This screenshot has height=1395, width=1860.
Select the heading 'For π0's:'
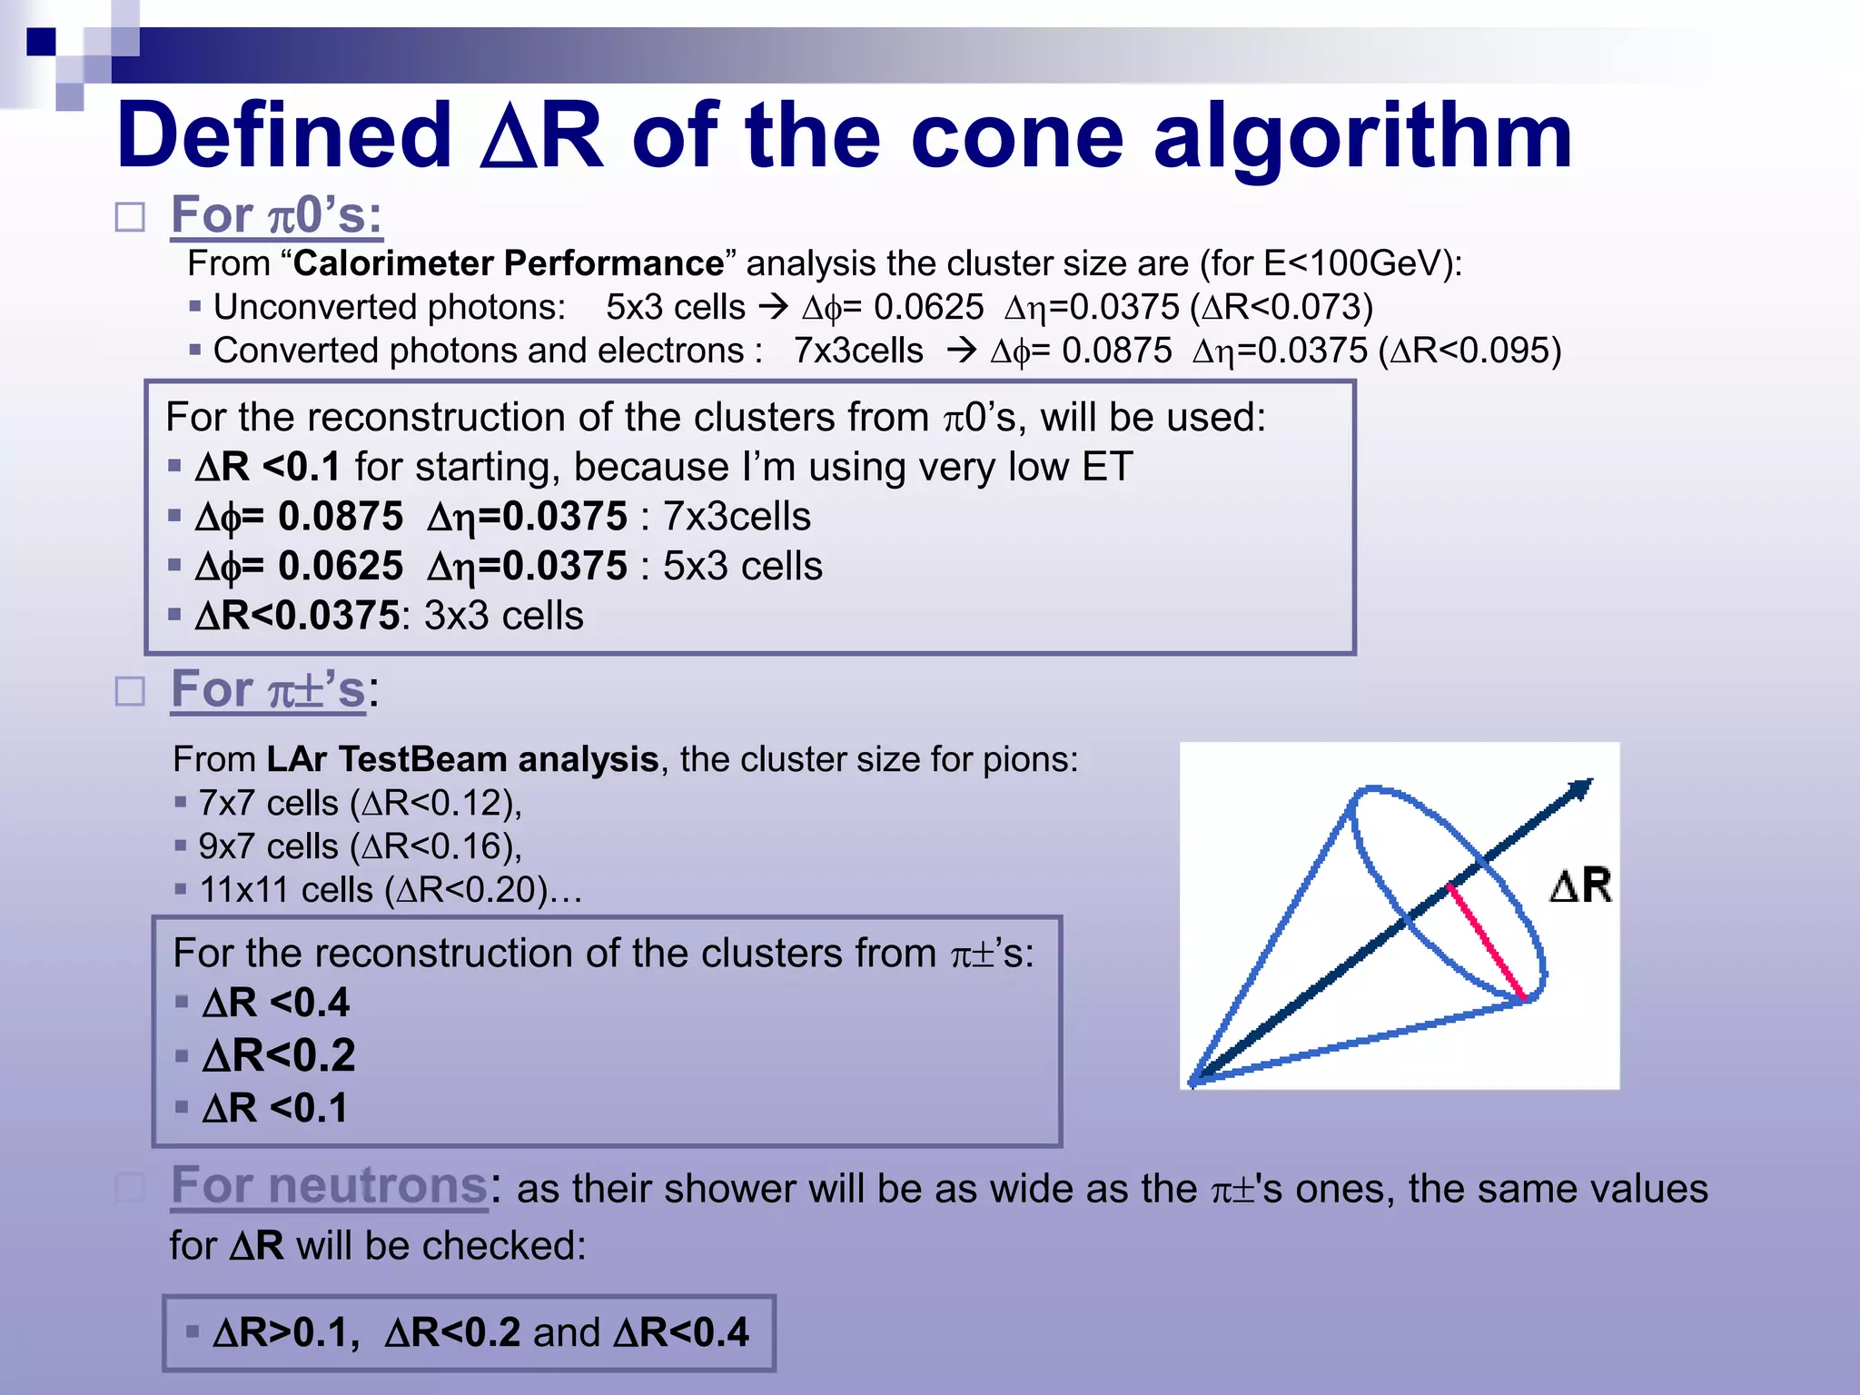pos(276,215)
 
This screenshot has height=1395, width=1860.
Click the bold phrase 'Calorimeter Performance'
pos(509,263)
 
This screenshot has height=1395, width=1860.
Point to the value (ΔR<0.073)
pos(1281,307)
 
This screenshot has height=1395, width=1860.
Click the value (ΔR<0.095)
pos(1469,351)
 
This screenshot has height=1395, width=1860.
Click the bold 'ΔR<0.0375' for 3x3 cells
pos(297,616)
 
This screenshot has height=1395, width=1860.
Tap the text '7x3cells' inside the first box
pos(737,517)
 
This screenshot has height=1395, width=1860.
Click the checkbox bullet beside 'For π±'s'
pos(130,692)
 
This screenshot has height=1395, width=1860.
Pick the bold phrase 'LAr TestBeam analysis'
pos(462,759)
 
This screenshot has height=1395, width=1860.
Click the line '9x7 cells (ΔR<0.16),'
pos(360,846)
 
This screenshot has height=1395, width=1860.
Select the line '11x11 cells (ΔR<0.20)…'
pos(391,890)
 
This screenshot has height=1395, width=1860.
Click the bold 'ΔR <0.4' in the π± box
pos(276,1003)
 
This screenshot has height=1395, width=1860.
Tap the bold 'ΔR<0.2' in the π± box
pos(279,1055)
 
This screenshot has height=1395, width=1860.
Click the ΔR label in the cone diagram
pos(1580,885)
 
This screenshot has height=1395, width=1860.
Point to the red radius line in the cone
pos(1487,942)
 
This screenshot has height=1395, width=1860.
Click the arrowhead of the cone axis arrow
pos(1581,788)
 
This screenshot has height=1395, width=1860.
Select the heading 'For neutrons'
pos(330,1185)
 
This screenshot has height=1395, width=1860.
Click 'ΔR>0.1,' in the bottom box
pos(286,1333)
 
